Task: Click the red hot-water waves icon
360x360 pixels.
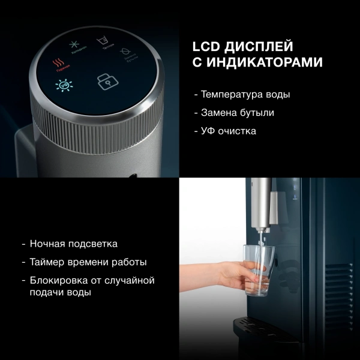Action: (x=59, y=62)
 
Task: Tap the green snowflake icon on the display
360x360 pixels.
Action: (x=75, y=44)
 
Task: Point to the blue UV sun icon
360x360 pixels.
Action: (x=61, y=86)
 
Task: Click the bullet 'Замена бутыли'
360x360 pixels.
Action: (x=233, y=113)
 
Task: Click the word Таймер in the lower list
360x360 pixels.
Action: (x=46, y=262)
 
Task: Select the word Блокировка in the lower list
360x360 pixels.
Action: (x=56, y=280)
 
